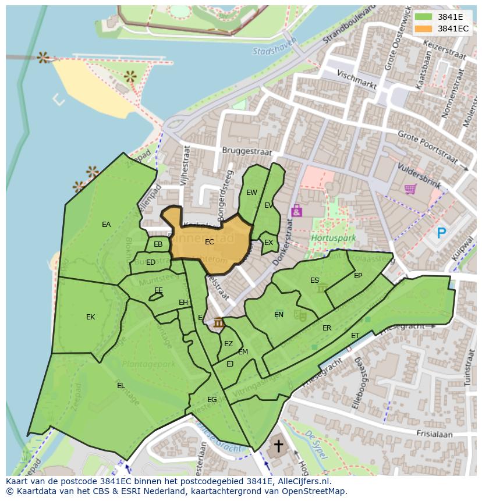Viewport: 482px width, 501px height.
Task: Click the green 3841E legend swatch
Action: coord(423,17)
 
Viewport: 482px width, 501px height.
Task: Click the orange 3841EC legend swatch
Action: coord(423,29)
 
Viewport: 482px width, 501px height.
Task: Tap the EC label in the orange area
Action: coord(210,241)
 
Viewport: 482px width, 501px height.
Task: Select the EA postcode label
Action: coord(106,225)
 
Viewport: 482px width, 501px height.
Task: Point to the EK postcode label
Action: coord(90,317)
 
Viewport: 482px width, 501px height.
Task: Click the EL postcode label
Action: coord(120,385)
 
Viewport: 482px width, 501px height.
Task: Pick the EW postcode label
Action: coord(251,193)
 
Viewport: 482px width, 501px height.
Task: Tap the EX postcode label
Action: coord(268,243)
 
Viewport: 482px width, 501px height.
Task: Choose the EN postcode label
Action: coord(279,315)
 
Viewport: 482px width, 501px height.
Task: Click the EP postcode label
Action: coord(358,276)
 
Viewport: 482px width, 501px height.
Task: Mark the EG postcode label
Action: coord(212,400)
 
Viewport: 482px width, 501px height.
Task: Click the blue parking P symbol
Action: coord(442,233)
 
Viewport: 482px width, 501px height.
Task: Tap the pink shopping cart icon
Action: coord(410,189)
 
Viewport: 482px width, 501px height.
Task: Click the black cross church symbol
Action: coord(278,446)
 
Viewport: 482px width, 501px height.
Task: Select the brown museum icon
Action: coord(219,323)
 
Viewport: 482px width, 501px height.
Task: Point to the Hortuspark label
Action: coord(325,239)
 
